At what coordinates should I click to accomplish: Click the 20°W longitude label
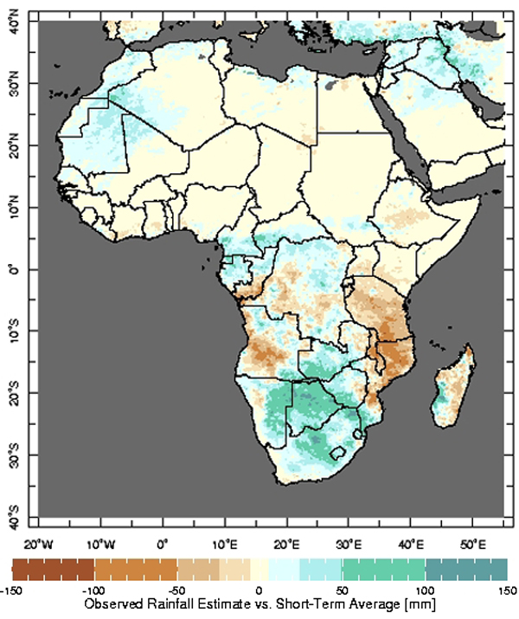click(x=38, y=545)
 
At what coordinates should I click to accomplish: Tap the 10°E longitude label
click(x=225, y=545)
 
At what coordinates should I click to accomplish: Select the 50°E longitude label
click(x=473, y=545)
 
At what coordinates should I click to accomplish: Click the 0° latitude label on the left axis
click(x=14, y=270)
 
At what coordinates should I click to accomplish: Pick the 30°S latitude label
click(x=14, y=456)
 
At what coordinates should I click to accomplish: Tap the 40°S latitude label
click(x=14, y=518)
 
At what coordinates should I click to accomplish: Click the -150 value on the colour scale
click(x=10, y=591)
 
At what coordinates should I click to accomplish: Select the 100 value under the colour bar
click(x=425, y=591)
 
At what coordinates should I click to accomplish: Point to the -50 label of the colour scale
click(x=176, y=591)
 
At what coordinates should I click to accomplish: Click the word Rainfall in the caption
click(x=175, y=604)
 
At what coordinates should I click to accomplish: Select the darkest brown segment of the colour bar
click(x=54, y=570)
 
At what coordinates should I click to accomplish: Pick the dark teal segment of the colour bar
click(x=466, y=570)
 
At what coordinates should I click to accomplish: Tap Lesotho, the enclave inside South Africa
click(x=338, y=453)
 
